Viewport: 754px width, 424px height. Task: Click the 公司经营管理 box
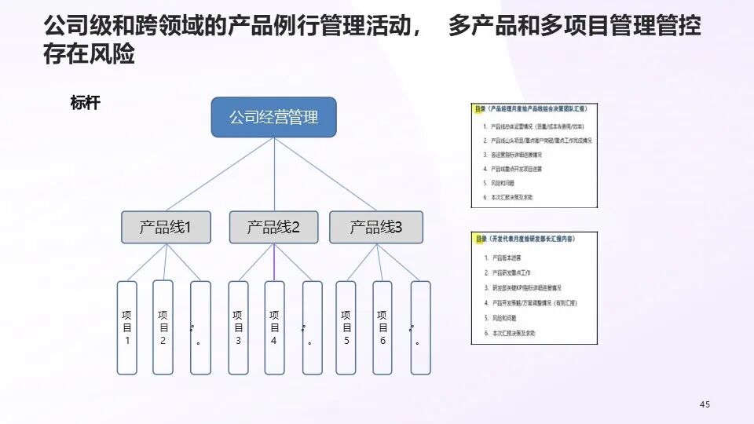click(273, 118)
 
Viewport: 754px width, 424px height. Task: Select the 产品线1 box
click(165, 228)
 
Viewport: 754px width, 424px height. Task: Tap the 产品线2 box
click(273, 228)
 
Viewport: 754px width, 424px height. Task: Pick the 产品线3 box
click(375, 228)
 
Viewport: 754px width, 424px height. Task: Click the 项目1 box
click(127, 327)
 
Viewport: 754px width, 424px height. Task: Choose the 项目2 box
click(163, 327)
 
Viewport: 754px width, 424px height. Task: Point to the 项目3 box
click(238, 327)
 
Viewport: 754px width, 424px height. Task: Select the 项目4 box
click(274, 327)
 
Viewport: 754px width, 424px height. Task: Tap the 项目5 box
click(346, 327)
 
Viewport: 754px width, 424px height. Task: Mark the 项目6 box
click(382, 327)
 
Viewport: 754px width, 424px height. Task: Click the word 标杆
click(85, 104)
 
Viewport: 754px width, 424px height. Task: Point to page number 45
click(705, 404)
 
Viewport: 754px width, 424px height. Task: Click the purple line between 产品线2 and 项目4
click(274, 262)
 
